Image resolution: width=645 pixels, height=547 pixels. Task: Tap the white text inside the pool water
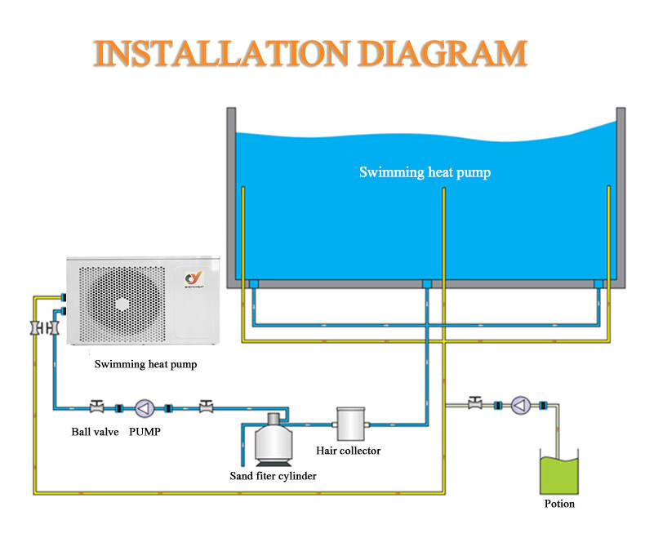(x=425, y=172)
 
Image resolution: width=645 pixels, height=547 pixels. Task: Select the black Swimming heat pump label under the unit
(x=146, y=364)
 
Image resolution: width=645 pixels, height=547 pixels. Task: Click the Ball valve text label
(x=94, y=431)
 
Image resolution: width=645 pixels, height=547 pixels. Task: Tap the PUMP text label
(x=145, y=431)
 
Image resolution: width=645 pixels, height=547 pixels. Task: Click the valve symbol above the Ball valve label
(x=96, y=406)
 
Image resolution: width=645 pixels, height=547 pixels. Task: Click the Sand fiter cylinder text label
(x=273, y=475)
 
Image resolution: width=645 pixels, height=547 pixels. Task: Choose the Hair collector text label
(x=349, y=450)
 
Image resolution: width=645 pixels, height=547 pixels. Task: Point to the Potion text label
(x=559, y=504)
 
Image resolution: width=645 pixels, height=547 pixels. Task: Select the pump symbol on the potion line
(x=520, y=405)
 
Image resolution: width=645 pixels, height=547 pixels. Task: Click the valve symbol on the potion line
(x=474, y=402)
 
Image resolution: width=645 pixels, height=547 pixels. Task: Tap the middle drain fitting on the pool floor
(x=426, y=283)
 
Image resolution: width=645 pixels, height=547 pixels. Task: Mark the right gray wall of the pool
(x=621, y=196)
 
